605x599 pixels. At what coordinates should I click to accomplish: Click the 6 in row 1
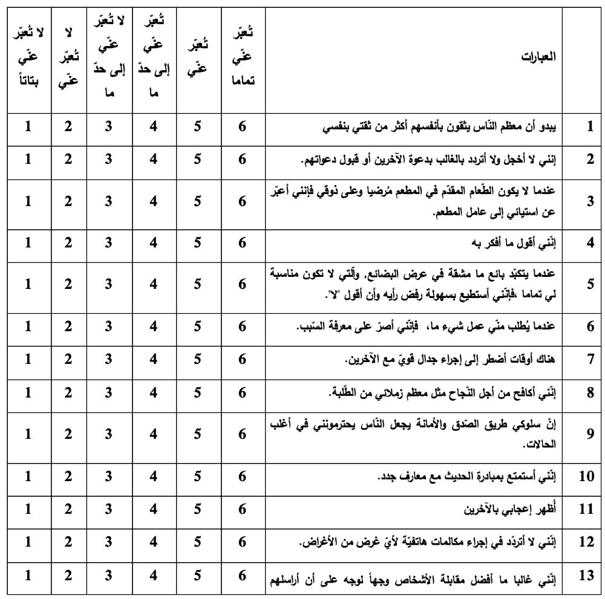(x=242, y=128)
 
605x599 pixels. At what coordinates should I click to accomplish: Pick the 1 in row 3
(x=28, y=202)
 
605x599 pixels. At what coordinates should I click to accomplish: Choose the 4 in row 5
(x=154, y=284)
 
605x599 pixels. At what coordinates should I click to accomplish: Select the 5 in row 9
(x=198, y=434)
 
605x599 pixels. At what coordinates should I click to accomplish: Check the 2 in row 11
(x=68, y=509)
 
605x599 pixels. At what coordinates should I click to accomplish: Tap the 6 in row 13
(x=242, y=576)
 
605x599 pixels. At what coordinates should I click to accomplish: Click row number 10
(x=586, y=476)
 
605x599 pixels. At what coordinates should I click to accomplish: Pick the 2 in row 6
(x=68, y=327)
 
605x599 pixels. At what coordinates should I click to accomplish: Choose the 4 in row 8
(x=154, y=393)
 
